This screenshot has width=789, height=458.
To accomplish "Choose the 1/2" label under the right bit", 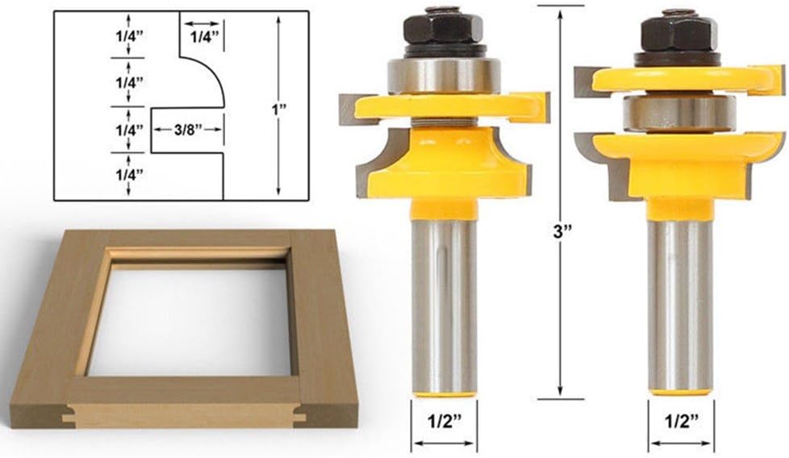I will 681,420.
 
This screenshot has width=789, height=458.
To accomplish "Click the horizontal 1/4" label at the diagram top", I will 202,35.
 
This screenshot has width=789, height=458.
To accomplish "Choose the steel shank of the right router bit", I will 681,306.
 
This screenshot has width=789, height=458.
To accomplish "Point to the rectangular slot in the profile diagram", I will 186,129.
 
